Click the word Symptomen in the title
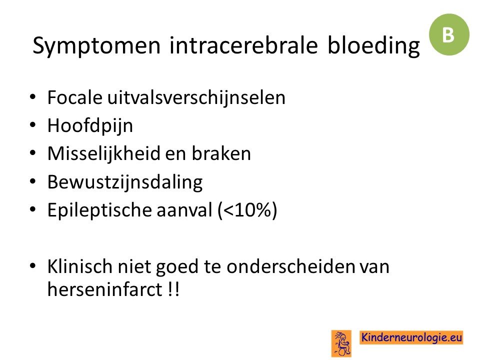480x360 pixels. [x=96, y=46]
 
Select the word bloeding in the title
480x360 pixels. [x=373, y=46]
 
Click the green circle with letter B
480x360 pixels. [x=449, y=34]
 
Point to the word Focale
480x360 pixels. [x=74, y=97]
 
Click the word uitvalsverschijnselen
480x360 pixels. [x=196, y=98]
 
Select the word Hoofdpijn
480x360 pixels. [x=90, y=126]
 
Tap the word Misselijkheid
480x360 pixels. [x=104, y=153]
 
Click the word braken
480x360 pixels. [x=221, y=153]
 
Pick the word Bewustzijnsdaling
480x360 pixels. [x=125, y=182]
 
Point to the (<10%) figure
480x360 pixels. [x=247, y=210]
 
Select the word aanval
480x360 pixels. [x=184, y=210]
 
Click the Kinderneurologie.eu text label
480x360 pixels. [x=411, y=337]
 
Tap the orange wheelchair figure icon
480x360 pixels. [x=341, y=343]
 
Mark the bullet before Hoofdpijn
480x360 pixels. [x=33, y=125]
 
